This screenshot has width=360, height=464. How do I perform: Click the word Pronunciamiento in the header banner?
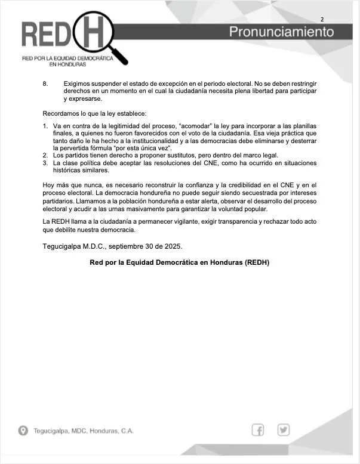point(282,32)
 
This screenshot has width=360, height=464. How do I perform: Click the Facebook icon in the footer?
point(259,429)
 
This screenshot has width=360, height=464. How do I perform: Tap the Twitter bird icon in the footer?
point(283,429)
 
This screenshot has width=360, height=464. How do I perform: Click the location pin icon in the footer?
point(23,431)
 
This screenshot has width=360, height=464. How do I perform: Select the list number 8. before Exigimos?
point(45,83)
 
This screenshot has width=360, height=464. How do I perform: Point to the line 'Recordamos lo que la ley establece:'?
point(94,113)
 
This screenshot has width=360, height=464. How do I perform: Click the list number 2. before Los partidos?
point(45,155)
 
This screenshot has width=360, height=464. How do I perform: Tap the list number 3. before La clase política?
point(45,163)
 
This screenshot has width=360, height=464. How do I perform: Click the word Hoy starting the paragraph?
point(49,185)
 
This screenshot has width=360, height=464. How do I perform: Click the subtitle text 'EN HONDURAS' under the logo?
point(67,64)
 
